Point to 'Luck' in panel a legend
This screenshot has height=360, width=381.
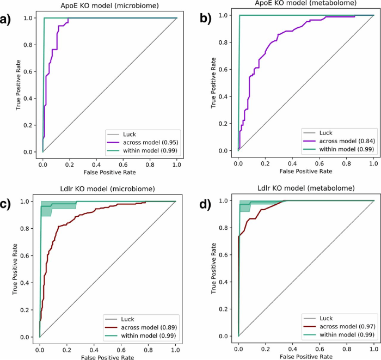coord(128,132)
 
